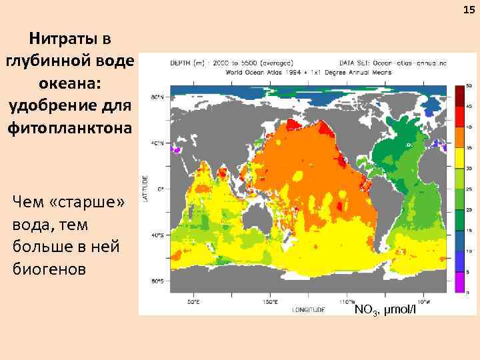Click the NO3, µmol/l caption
[x=385, y=309]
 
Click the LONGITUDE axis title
[x=308, y=309]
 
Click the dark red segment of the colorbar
[x=459, y=97]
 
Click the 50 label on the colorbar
[x=469, y=86]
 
